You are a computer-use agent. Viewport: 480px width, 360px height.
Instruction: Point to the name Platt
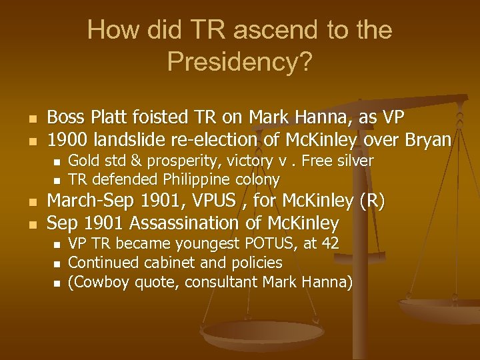pos(111,118)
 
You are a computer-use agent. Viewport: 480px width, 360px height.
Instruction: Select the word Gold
pos(83,161)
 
